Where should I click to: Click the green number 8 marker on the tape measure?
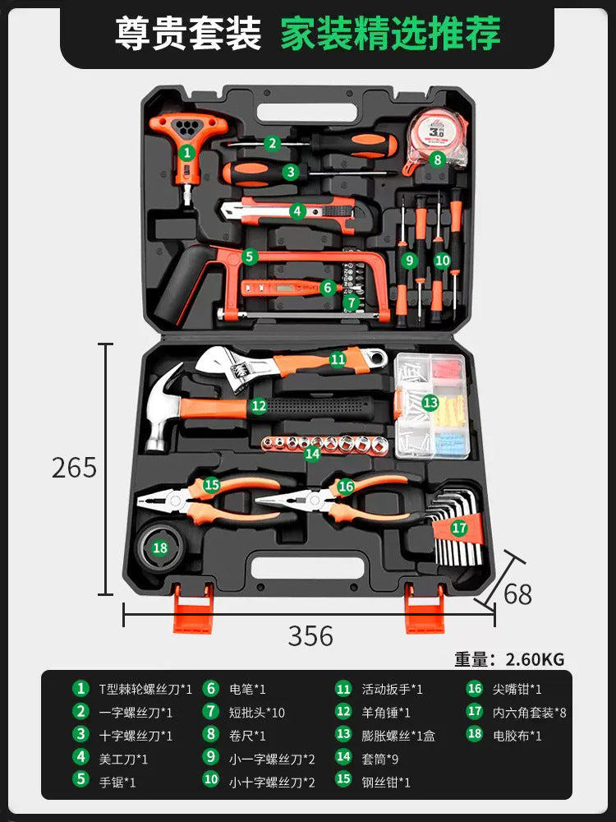[x=437, y=159]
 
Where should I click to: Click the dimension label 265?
[x=74, y=467]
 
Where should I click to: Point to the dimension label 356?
[x=310, y=635]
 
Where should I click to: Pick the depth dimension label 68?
[x=517, y=593]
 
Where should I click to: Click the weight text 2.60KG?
[x=535, y=659]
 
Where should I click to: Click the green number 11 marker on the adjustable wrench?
[x=338, y=358]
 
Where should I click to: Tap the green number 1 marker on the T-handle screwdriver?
[x=186, y=151]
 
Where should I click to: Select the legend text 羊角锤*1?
[x=386, y=713]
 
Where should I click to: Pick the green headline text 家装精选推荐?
[x=390, y=35]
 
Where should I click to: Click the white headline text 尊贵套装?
[x=189, y=35]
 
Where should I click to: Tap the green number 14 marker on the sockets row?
[x=312, y=452]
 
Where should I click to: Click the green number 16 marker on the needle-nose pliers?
[x=346, y=486]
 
